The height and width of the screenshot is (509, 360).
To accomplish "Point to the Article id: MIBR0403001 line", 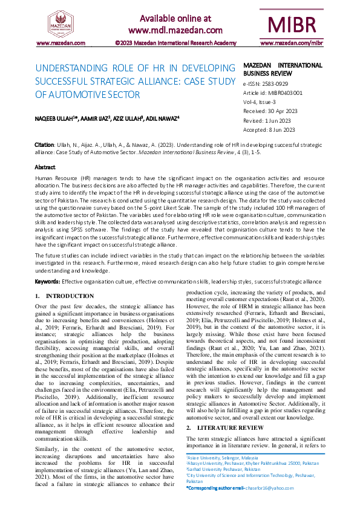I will pos(272,93).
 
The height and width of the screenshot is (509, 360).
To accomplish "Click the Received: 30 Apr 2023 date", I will pos(270,111).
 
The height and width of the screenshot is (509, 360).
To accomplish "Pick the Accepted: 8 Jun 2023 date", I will pos(269,129).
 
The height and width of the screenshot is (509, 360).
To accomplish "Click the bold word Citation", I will pos(44,146).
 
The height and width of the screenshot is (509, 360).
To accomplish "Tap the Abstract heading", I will pos(45,167).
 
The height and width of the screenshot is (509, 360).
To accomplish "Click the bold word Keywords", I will pos(47,282).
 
